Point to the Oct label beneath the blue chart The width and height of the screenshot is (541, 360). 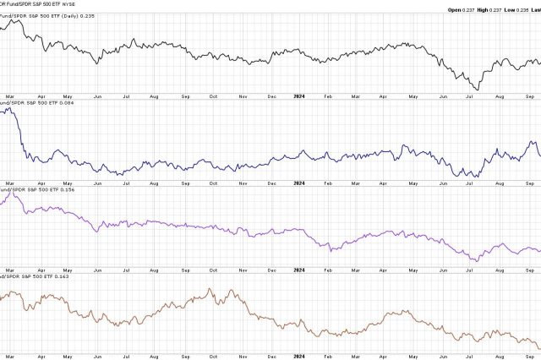point(214,182)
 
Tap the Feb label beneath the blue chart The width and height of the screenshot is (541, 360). point(327,182)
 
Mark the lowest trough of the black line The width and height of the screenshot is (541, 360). point(478,90)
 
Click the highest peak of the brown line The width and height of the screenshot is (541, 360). point(208,289)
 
